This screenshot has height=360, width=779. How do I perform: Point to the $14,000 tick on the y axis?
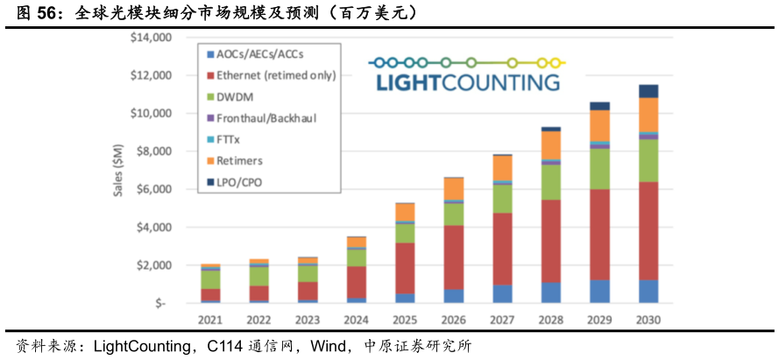point(152,38)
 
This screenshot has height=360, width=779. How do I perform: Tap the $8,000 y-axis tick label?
point(154,152)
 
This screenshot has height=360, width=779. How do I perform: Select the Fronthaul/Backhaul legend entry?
point(266,116)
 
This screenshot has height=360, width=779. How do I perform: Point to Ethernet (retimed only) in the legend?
point(275,74)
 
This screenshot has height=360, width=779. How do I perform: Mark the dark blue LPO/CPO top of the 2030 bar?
point(648,91)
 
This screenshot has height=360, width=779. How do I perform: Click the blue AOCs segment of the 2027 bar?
point(501,294)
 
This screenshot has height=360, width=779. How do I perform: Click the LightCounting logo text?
point(467,83)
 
